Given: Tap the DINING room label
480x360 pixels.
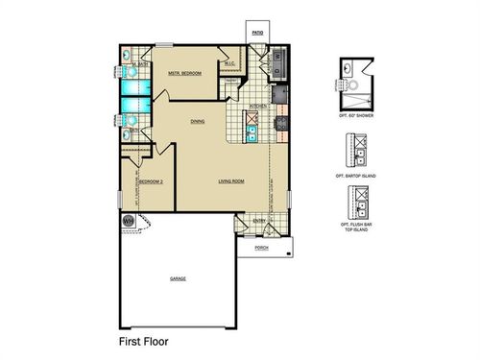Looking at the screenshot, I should pyautogui.click(x=197, y=121).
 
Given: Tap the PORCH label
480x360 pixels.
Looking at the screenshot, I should pyautogui.click(x=261, y=248).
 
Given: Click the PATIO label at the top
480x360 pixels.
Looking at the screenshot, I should pyautogui.click(x=257, y=33).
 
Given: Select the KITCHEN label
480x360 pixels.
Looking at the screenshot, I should pyautogui.click(x=258, y=106).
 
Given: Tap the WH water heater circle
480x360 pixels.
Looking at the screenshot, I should pyautogui.click(x=128, y=220).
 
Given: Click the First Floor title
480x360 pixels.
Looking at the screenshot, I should pyautogui.click(x=144, y=340).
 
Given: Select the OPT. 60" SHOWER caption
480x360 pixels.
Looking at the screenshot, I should pyautogui.click(x=356, y=115).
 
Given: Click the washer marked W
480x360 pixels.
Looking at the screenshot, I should pyautogui.click(x=276, y=56).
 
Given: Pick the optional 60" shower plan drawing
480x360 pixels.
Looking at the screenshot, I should pyautogui.click(x=356, y=84).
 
